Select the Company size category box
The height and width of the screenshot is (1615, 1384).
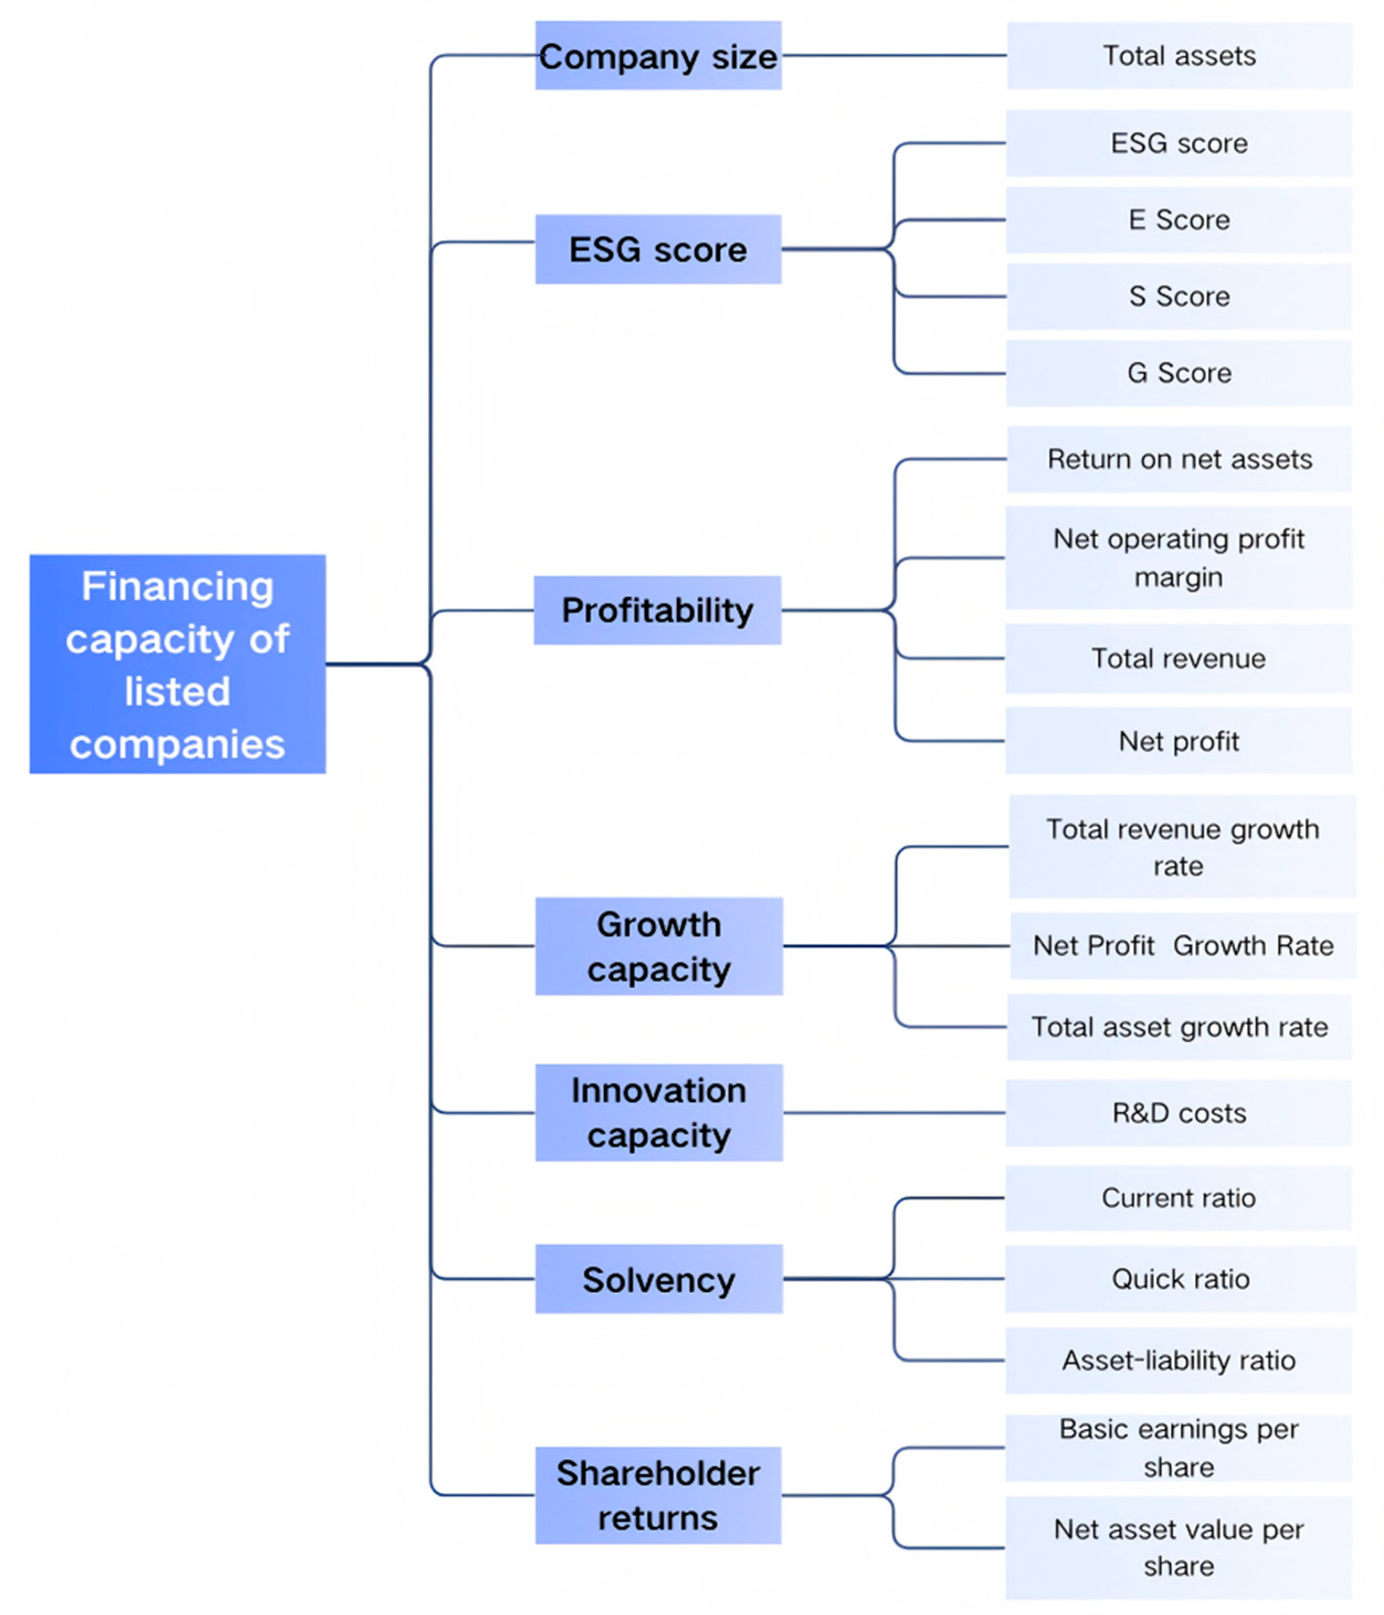tap(658, 55)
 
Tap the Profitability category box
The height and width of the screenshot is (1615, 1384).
tap(657, 610)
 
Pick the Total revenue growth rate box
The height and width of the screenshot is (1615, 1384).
tap(1181, 846)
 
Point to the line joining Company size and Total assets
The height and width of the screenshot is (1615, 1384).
tap(894, 55)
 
